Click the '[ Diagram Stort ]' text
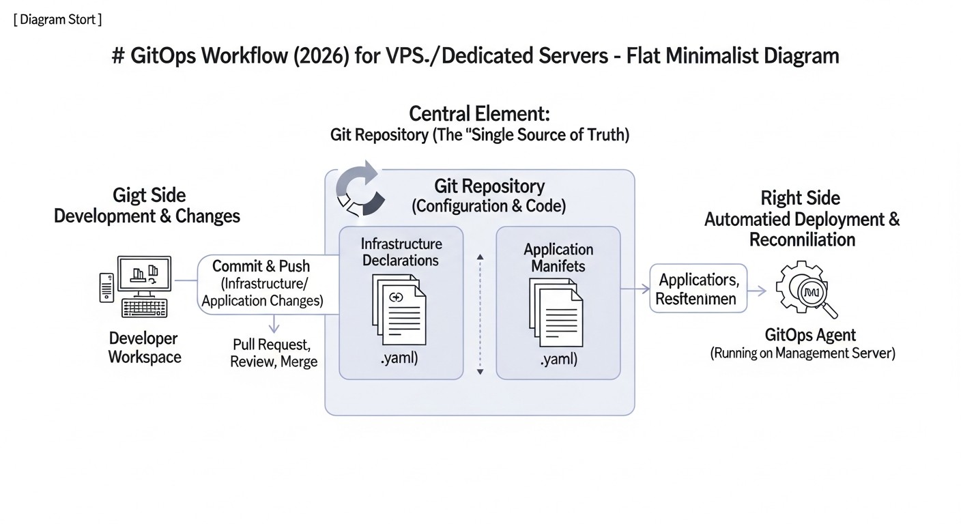click(x=57, y=19)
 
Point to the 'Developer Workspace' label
click(x=145, y=348)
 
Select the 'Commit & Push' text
click(x=261, y=266)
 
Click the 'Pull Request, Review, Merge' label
click(x=274, y=353)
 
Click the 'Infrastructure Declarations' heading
click(x=401, y=252)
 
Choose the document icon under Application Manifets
click(x=556, y=311)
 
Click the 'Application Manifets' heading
click(x=558, y=257)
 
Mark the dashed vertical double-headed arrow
click(x=480, y=314)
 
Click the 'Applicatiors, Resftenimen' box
click(x=698, y=289)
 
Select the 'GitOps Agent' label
click(x=810, y=335)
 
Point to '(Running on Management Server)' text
click(x=803, y=353)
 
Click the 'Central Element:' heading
click(x=479, y=113)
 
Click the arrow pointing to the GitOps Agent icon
click(x=757, y=290)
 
